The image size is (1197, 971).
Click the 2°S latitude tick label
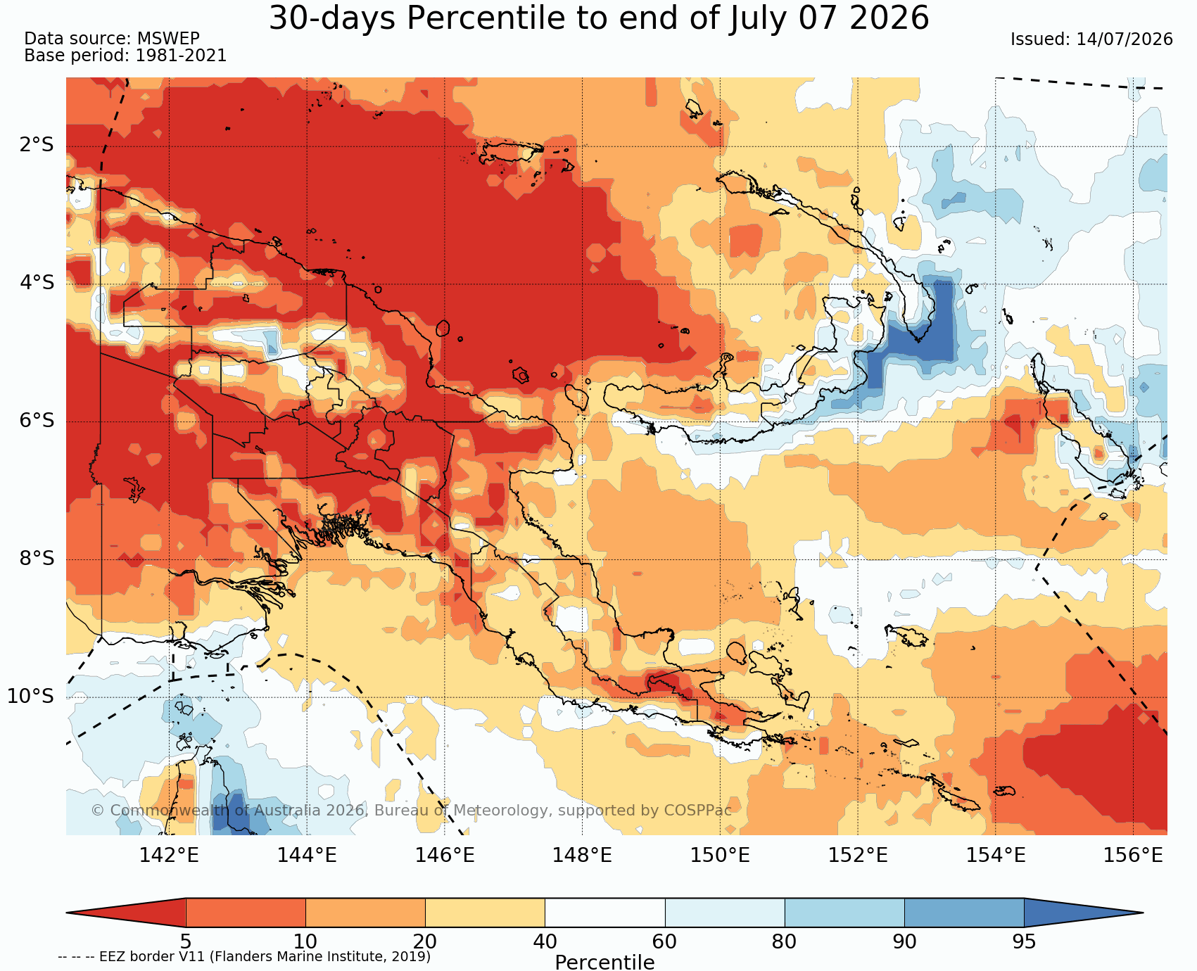pos(37,146)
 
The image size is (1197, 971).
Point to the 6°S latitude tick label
pos(37,421)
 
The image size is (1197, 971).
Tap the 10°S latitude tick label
pos(31,697)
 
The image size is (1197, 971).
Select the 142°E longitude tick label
pos(169,856)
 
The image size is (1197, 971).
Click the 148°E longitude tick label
pos(582,856)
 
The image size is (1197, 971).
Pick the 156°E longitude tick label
pos(1133,856)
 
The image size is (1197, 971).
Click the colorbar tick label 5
pos(186,941)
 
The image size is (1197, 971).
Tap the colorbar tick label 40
pos(545,941)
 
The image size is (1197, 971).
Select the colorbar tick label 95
pos(1024,941)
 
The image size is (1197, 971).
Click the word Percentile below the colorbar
pos(604,962)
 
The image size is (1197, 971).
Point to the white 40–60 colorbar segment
pos(605,913)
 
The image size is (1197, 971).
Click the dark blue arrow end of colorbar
pos(1084,913)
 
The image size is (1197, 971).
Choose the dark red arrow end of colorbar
pos(126,913)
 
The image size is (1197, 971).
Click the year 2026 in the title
pos(889,18)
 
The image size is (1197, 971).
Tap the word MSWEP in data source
pos(168,39)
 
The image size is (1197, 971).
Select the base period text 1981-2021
pos(181,56)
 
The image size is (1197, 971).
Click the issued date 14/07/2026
pos(1125,39)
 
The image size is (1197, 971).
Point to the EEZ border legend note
pos(244,957)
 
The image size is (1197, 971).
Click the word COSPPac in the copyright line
pos(698,811)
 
